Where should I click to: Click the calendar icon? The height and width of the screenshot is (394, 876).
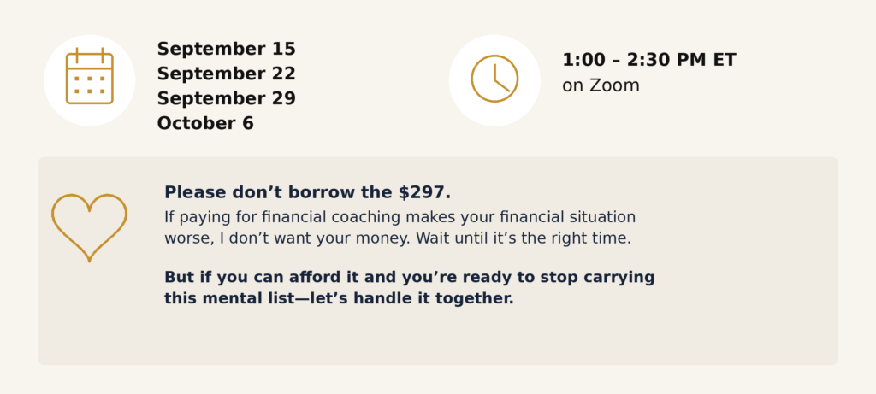tap(89, 76)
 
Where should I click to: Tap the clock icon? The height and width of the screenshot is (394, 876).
tap(494, 79)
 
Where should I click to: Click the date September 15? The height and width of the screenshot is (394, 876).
tap(226, 49)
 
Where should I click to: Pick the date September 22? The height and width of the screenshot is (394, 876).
tap(226, 74)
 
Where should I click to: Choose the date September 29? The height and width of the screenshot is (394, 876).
tap(226, 98)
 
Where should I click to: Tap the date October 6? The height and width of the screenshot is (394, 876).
tap(205, 123)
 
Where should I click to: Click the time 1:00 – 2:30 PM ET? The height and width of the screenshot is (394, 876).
tap(649, 61)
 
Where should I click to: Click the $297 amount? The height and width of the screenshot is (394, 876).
tap(424, 192)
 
